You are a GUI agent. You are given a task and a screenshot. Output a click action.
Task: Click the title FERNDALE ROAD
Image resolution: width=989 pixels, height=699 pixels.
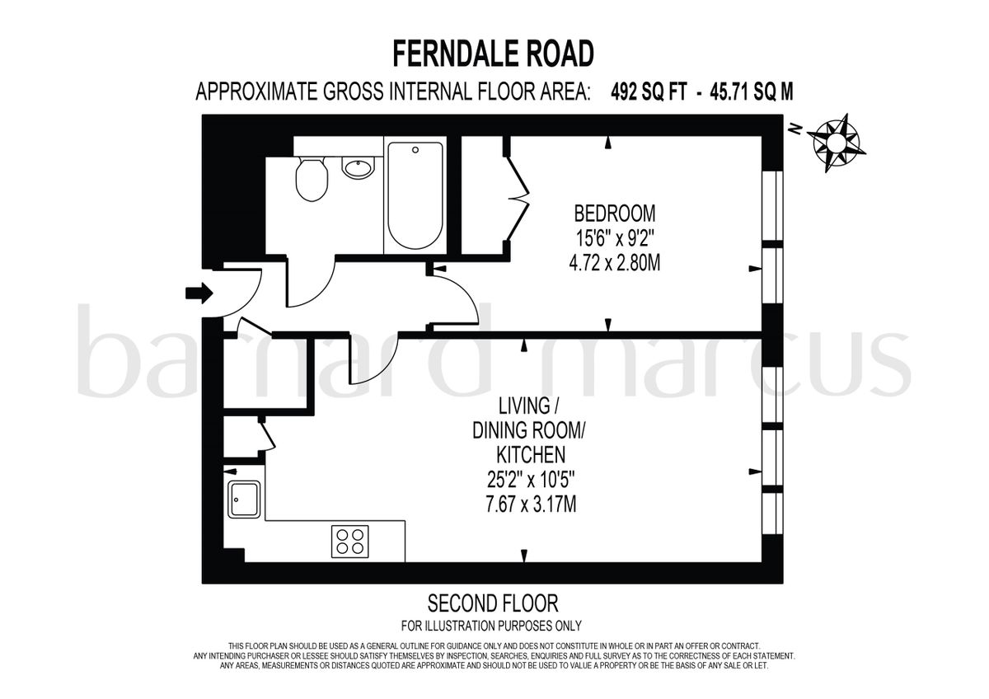493,54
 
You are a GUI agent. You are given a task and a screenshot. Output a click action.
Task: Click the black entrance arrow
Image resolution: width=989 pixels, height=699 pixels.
199,293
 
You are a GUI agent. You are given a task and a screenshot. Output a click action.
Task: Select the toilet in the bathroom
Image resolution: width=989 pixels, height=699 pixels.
312,180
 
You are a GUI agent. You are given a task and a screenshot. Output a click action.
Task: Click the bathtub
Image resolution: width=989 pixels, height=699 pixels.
415,195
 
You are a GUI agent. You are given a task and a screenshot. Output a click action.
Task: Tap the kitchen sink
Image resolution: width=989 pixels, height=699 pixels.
245,500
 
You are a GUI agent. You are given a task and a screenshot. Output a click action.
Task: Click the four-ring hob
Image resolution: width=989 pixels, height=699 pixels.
349,542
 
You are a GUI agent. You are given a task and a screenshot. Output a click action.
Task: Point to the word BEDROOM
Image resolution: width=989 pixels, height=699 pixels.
615,214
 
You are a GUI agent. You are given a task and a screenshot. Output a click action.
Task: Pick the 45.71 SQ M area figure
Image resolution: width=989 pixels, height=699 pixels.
749,92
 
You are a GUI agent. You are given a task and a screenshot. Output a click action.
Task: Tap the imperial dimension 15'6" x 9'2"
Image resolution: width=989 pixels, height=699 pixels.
615,239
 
